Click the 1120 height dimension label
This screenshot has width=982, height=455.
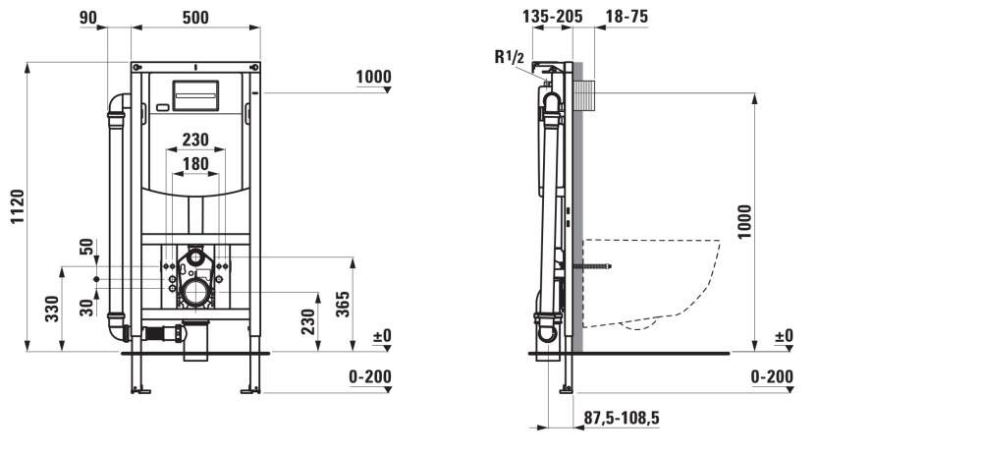coord(18,206)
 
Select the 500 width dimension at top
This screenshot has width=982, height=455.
coord(195,18)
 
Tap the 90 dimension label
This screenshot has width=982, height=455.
coord(88,18)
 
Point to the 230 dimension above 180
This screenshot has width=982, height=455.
coord(195,140)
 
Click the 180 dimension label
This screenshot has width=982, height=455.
coord(195,164)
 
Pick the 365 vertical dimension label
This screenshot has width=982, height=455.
coord(343,304)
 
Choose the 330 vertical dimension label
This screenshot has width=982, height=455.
coord(52,309)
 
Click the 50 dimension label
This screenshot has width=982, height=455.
coord(87,247)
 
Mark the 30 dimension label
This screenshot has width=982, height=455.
coord(87,307)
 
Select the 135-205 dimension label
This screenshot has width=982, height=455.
coord(552,17)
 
